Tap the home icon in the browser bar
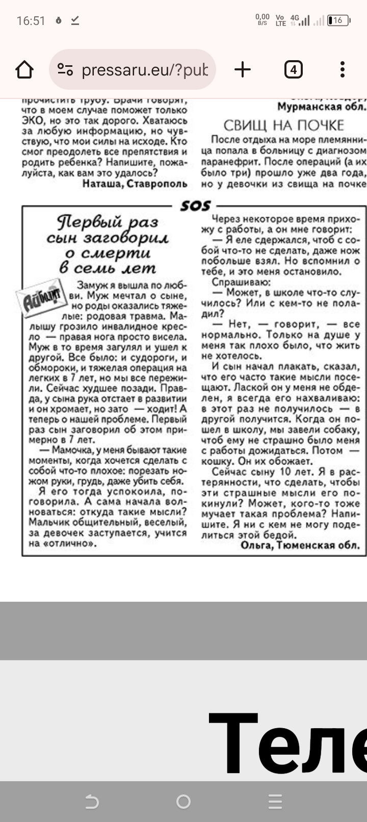pyautogui.click(x=24, y=69)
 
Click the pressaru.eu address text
pyautogui.click(x=145, y=69)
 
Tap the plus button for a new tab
pyautogui.click(x=243, y=69)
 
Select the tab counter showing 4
pyautogui.click(x=293, y=69)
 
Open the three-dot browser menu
pyautogui.click(x=343, y=69)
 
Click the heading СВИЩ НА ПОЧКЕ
pyautogui.click(x=283, y=125)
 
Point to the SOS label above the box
pyautogui.click(x=195, y=205)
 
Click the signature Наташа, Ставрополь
pyautogui.click(x=135, y=183)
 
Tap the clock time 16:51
pyautogui.click(x=31, y=21)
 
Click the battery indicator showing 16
pyautogui.click(x=338, y=21)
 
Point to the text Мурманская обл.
pyautogui.click(x=322, y=106)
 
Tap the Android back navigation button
pyautogui.click(x=92, y=802)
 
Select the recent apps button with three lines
pyautogui.click(x=275, y=802)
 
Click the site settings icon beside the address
pyautogui.click(x=65, y=69)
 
